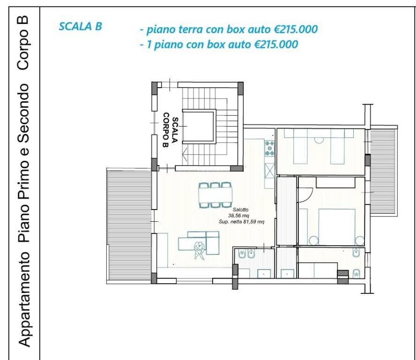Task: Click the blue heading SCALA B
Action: click(81, 27)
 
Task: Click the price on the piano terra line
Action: click(296, 29)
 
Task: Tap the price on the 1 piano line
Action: click(276, 45)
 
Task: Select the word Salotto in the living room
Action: click(240, 210)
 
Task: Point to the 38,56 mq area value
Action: click(239, 216)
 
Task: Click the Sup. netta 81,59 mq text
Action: click(241, 221)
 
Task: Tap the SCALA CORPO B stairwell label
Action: click(170, 130)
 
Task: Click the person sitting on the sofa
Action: click(200, 250)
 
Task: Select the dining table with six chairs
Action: click(215, 195)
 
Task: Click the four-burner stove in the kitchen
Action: click(269, 148)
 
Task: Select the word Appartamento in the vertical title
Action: click(24, 300)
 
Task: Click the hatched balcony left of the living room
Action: click(129, 225)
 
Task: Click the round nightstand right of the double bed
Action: click(360, 241)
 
